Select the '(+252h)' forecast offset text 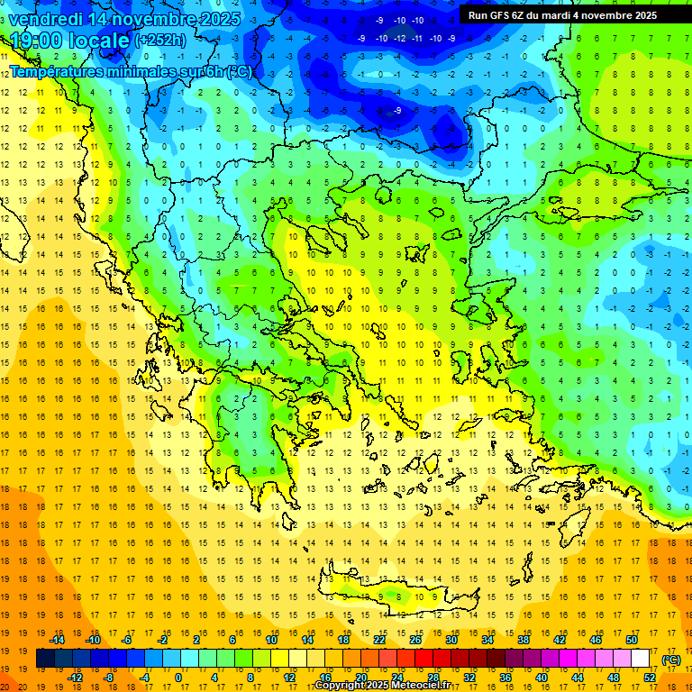(x=160, y=41)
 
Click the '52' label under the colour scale (x=651, y=678)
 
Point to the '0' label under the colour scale (x=178, y=678)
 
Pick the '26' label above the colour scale (x=415, y=640)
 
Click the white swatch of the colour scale (x=640, y=659)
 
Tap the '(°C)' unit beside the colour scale (x=672, y=660)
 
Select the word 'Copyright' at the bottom (x=340, y=686)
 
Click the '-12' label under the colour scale (x=75, y=678)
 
